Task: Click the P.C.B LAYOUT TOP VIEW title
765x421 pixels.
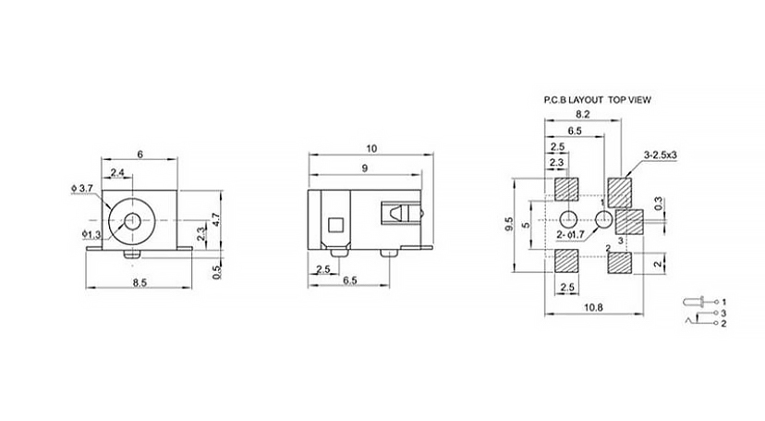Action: (597, 100)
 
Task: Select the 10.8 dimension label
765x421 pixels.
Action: (593, 307)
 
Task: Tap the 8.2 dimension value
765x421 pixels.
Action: (583, 115)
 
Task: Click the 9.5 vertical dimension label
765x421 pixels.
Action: (509, 224)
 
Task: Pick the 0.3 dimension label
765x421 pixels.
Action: (659, 203)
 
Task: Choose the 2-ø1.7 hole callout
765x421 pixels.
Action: (570, 234)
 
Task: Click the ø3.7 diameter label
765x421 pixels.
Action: (81, 188)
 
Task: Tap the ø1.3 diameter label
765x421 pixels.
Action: (91, 235)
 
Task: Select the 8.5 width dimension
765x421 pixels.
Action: (140, 282)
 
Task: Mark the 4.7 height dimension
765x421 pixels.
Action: (216, 221)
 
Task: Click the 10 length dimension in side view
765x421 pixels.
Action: (371, 148)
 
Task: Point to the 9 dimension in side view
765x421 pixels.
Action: (365, 168)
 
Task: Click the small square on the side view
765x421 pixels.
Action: (335, 225)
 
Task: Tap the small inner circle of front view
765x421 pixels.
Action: (131, 221)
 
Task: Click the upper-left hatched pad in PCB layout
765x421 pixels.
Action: (567, 190)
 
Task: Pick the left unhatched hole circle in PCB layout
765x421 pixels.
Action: (567, 218)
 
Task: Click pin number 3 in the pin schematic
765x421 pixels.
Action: (724, 313)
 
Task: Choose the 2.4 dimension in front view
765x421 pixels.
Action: (117, 172)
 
